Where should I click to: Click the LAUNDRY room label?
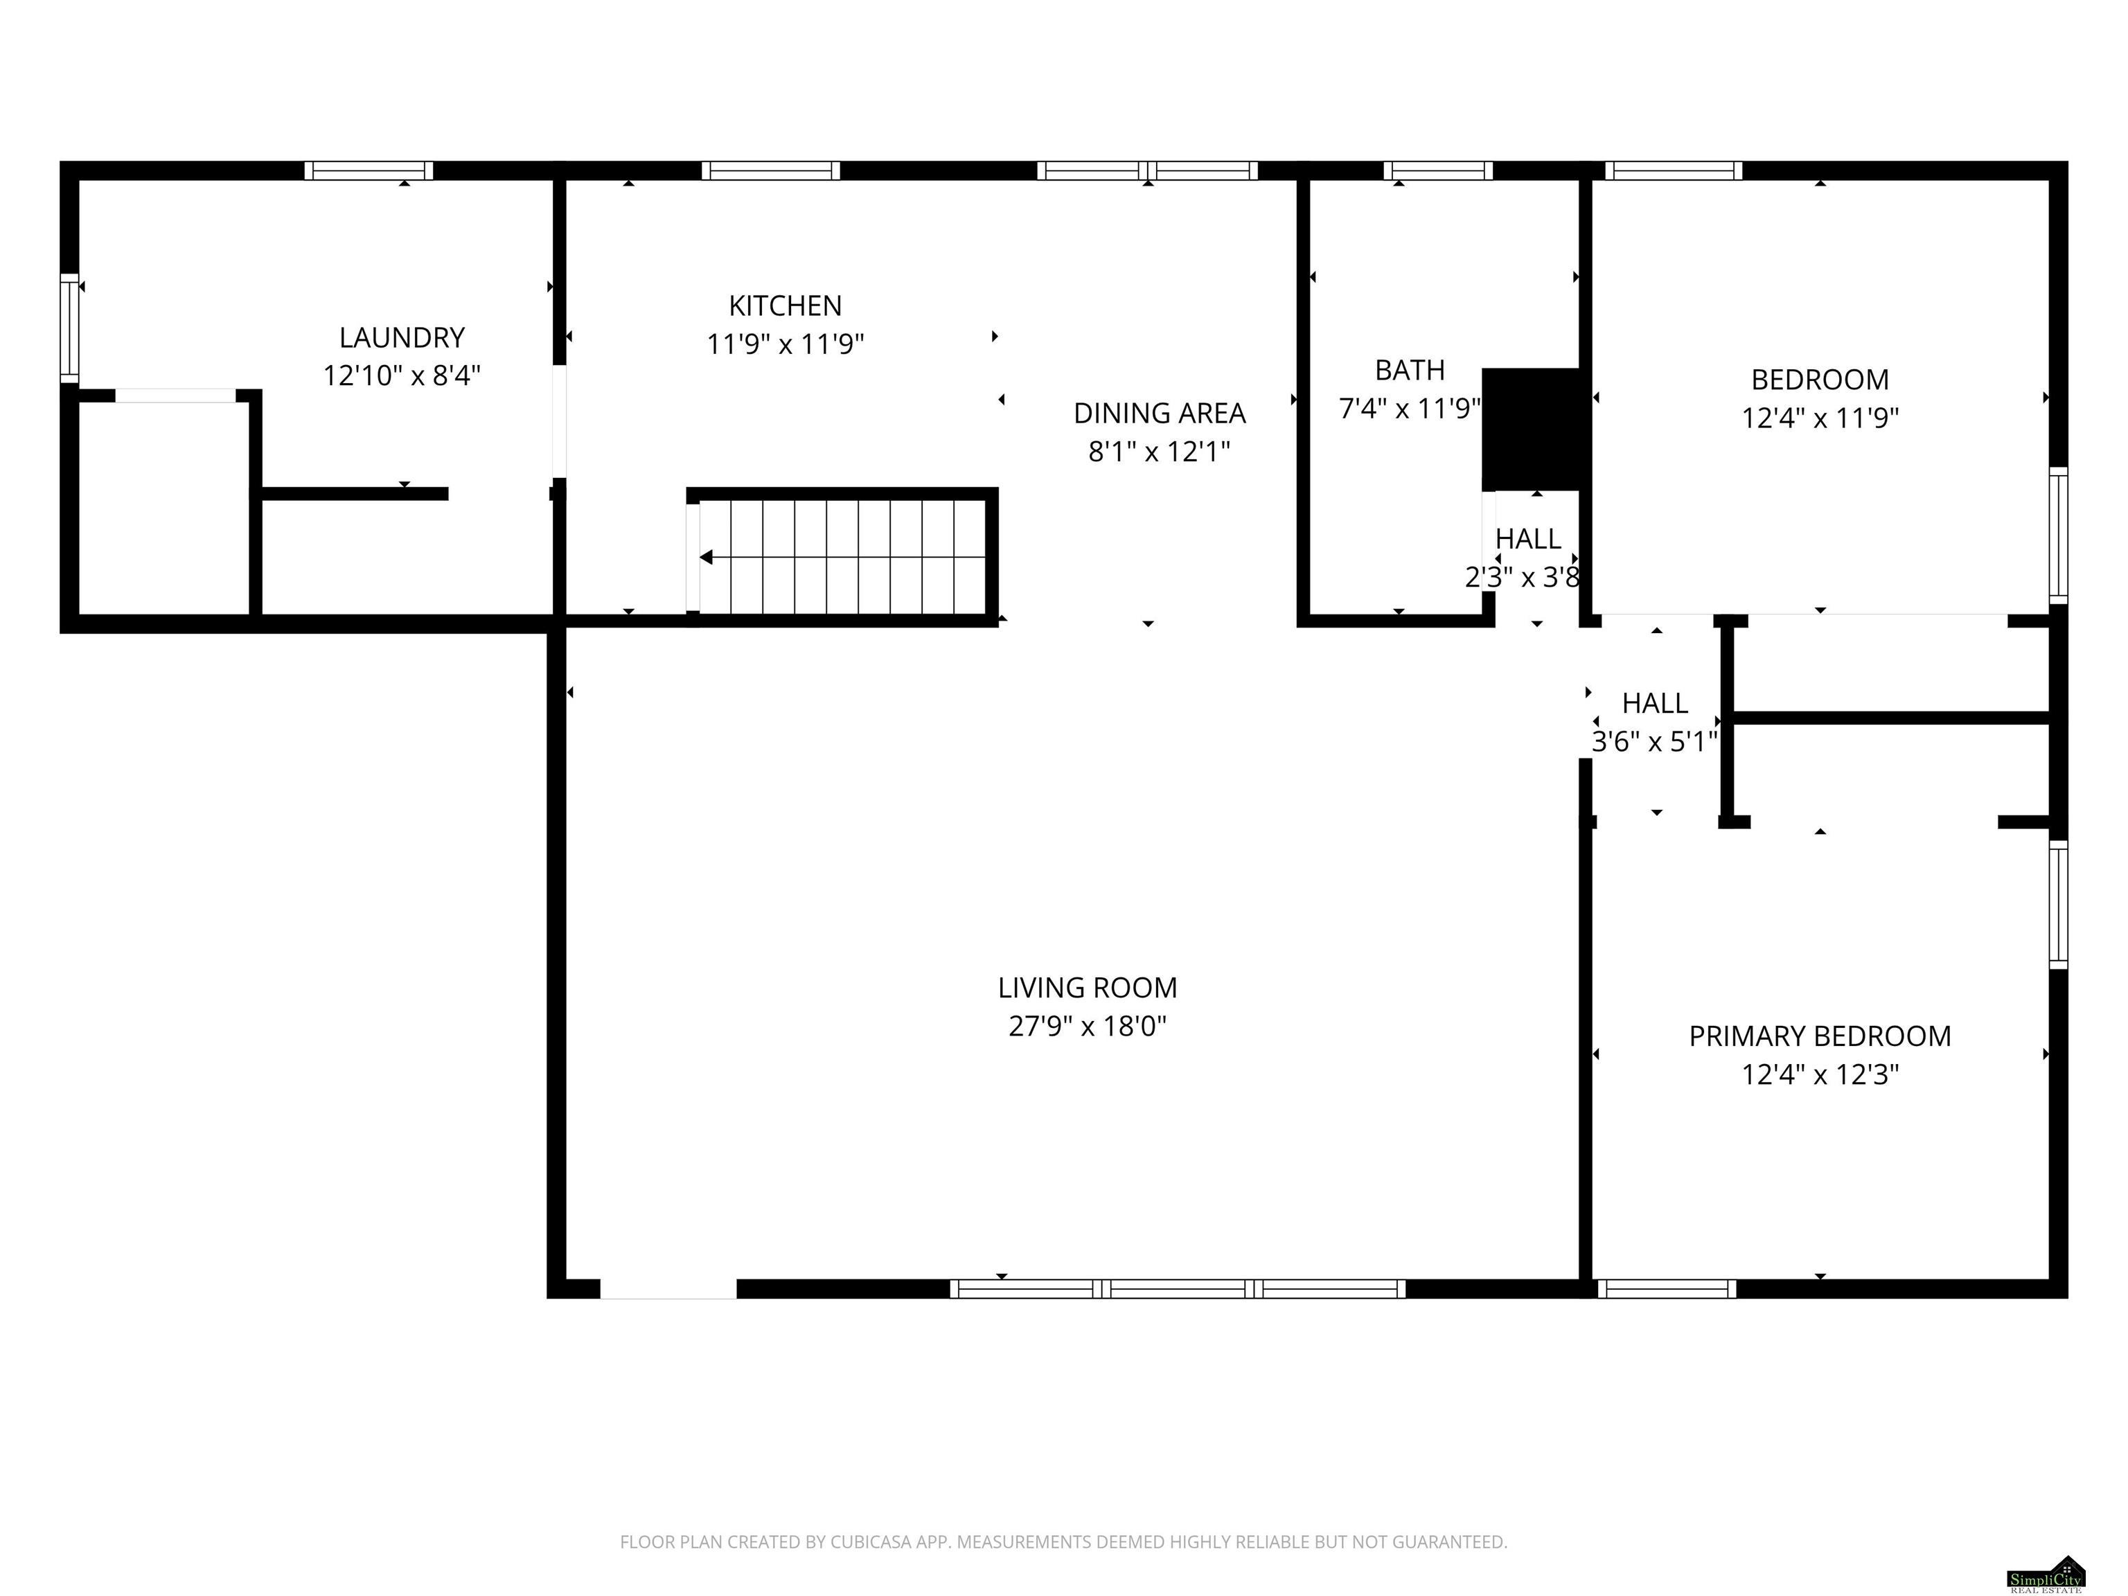402,337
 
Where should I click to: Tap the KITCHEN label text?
785,306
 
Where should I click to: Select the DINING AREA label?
1159,414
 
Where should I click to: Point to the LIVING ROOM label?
1087,988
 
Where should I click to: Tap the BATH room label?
1410,371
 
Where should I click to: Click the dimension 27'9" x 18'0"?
1087,1027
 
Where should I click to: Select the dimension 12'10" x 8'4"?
402,375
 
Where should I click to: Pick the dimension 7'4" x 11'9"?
1410,409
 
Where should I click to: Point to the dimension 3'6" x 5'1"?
1655,742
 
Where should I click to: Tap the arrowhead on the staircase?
705,557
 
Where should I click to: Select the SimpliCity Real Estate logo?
2046,1575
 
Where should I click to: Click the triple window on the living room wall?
1178,1288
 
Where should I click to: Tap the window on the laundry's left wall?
69,328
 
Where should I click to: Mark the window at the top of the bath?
1438,170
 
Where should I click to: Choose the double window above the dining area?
1146,170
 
